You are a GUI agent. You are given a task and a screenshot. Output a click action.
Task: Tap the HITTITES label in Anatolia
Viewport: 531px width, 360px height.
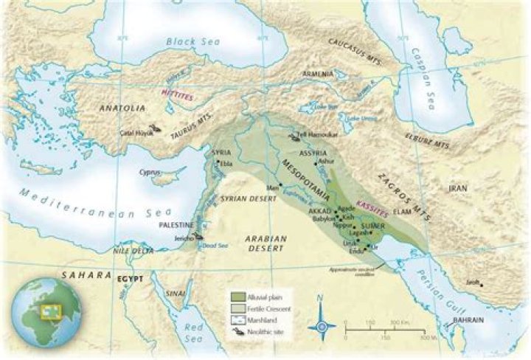176,93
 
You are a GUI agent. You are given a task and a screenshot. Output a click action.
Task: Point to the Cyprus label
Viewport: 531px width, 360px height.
150,172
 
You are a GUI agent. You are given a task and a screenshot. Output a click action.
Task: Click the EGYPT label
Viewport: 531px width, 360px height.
128,280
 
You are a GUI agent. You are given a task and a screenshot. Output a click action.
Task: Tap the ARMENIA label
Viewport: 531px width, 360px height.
318,75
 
